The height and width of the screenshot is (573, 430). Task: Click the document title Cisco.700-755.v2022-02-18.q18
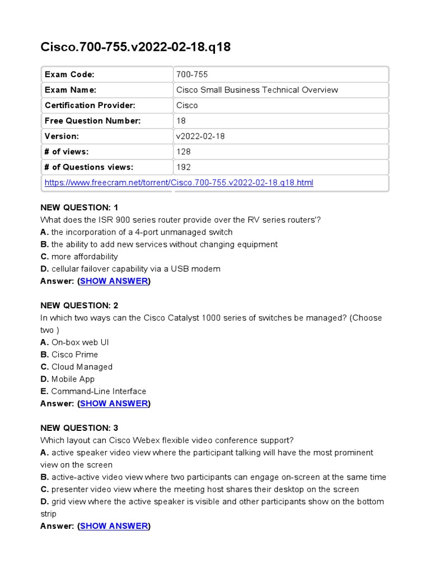point(135,48)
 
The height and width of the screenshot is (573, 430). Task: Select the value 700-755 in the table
point(192,74)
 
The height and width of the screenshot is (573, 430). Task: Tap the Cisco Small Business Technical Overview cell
point(257,90)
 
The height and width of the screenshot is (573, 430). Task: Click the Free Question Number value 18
point(180,121)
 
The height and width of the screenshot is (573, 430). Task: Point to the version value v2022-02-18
point(200,136)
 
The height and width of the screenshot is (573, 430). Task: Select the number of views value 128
point(183,152)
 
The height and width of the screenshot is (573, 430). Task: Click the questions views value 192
point(183,167)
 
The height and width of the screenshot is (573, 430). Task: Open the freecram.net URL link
point(179,182)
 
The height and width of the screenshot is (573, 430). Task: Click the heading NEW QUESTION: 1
point(79,208)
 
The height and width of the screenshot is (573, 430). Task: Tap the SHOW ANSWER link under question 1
point(114,281)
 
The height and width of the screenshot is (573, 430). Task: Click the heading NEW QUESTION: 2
point(79,306)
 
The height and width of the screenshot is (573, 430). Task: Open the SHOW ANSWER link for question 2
point(114,403)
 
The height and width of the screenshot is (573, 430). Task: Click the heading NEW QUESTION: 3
point(79,428)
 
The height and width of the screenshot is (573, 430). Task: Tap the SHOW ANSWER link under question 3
point(114,526)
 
